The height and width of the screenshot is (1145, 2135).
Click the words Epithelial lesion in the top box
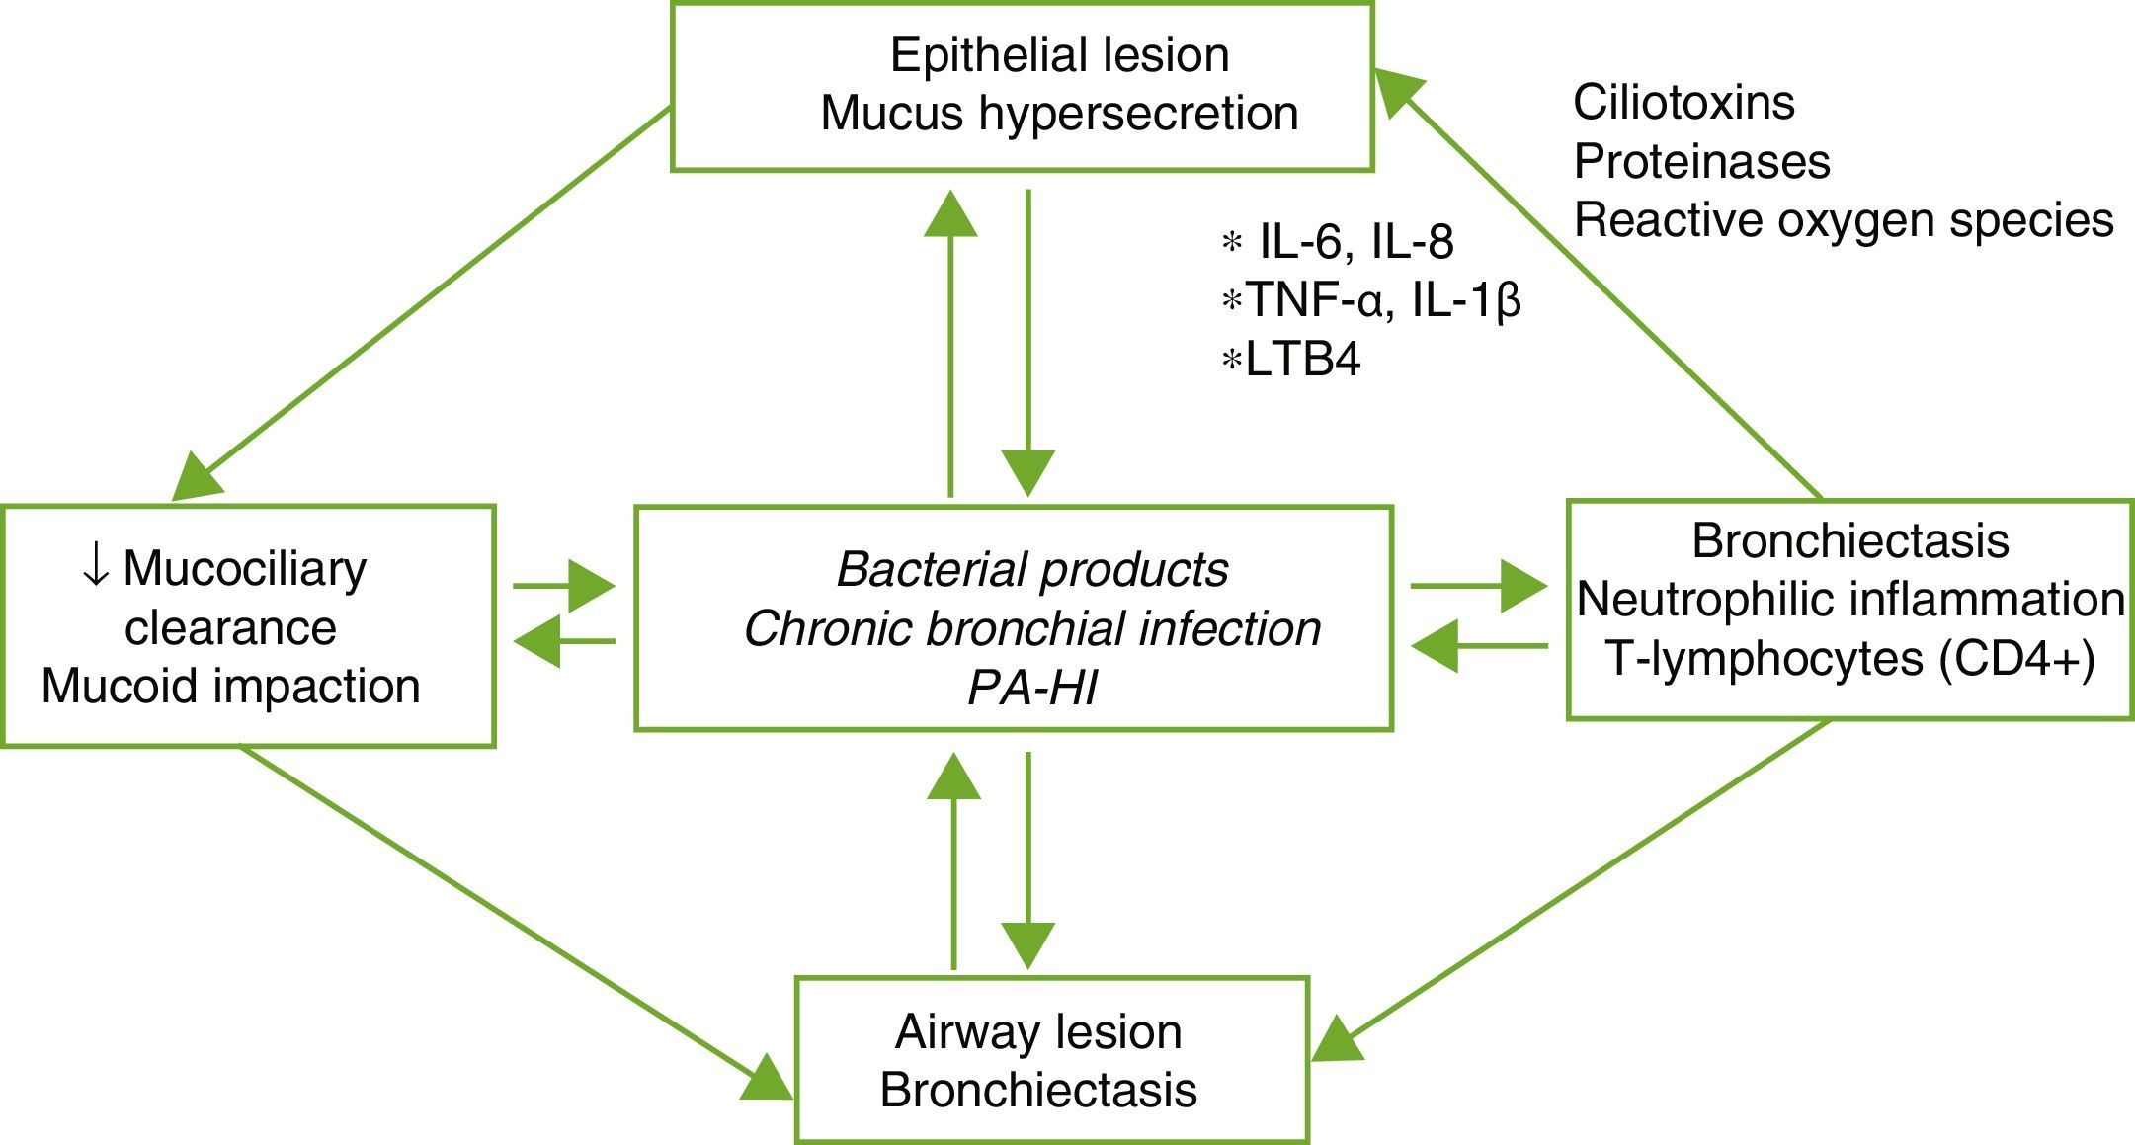[1059, 55]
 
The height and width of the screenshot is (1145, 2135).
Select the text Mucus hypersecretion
[1059, 114]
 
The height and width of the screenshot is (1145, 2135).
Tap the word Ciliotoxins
[1683, 103]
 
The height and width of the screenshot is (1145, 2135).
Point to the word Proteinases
[1701, 162]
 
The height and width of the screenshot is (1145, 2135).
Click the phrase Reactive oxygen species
[1844, 220]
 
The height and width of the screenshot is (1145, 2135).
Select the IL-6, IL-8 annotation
[1355, 242]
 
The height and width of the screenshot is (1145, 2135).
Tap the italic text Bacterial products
[1031, 570]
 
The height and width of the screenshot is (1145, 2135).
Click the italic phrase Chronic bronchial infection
[1031, 629]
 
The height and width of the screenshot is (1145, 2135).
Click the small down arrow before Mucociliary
[96, 568]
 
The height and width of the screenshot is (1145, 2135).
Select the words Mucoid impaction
[231, 687]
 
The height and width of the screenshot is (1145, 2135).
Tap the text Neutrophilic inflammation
[1850, 600]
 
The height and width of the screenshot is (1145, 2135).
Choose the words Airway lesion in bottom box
[1038, 1032]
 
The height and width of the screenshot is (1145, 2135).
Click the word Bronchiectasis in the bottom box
[1038, 1091]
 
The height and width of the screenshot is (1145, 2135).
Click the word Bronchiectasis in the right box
[1850, 541]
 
